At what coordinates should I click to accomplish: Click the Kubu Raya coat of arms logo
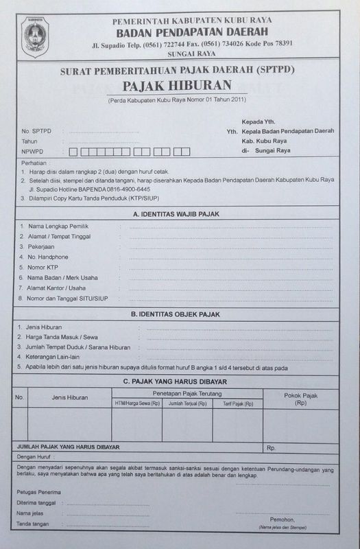[x=35, y=35]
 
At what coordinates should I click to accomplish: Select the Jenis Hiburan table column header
[x=69, y=397]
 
